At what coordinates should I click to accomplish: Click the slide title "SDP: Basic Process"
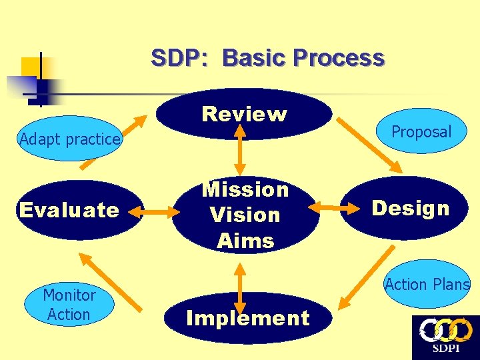click(267, 58)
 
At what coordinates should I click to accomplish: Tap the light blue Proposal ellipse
click(421, 132)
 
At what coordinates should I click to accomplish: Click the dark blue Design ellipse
click(411, 209)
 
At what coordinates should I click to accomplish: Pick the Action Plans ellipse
click(427, 284)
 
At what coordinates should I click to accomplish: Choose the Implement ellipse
click(247, 318)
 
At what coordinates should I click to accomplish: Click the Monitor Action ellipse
click(69, 305)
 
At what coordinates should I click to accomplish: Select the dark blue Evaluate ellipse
click(69, 211)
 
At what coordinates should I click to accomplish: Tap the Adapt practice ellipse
click(69, 139)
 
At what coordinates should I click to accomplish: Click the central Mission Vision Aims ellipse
click(245, 215)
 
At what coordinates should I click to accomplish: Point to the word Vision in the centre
click(245, 215)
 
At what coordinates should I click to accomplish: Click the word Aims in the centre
click(245, 240)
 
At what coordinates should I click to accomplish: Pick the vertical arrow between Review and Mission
click(241, 153)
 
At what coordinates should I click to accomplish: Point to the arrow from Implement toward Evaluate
click(109, 281)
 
